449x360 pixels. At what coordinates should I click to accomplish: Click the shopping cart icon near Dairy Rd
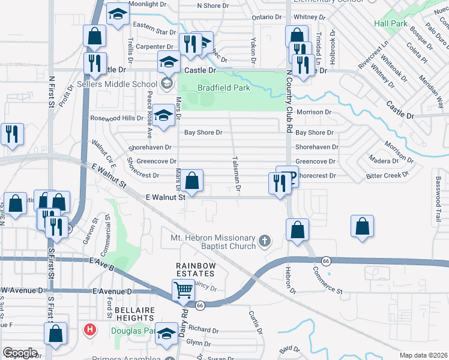(x=184, y=290)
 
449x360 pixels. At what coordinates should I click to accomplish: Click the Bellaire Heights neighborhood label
(x=136, y=313)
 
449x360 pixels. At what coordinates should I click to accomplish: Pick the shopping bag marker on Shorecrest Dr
(x=192, y=180)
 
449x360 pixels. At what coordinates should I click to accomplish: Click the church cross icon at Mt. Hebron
(x=265, y=242)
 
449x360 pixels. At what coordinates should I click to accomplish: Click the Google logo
(x=20, y=353)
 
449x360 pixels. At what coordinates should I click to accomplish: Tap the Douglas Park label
(x=133, y=330)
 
